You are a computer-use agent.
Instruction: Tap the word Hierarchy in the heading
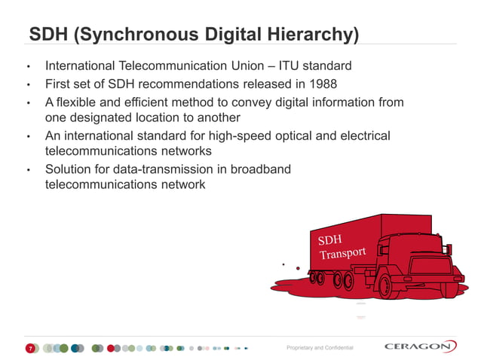307,35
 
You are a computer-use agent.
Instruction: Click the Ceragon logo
419,346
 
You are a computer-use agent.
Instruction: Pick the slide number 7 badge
30,348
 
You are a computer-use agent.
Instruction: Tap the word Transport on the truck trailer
342,252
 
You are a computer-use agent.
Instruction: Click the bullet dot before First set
29,84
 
